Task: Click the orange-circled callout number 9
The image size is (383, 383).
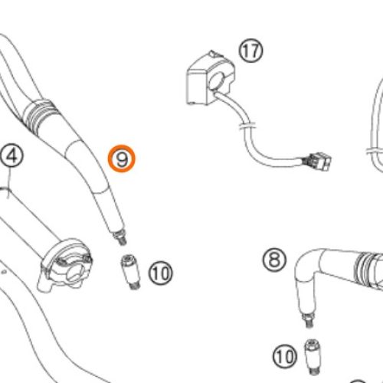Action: (122, 159)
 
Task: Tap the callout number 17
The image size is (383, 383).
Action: (250, 51)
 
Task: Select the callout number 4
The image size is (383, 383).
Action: (11, 156)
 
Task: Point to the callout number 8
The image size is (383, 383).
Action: (274, 260)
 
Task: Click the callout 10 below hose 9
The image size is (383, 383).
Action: (161, 273)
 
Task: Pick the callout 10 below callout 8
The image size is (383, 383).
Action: (285, 356)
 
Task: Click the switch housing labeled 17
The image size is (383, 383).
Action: (210, 78)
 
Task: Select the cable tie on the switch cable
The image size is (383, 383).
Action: (247, 126)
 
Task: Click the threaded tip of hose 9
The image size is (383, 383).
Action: (119, 237)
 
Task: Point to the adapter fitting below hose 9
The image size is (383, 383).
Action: (131, 272)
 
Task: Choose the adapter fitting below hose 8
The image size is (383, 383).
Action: (313, 356)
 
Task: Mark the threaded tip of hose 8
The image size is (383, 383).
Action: (307, 321)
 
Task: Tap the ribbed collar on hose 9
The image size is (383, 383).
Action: (41, 115)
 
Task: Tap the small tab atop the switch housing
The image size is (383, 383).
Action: (212, 53)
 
